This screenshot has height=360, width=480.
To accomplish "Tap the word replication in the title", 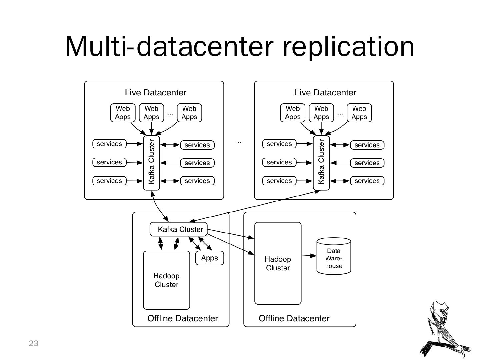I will click(348, 47).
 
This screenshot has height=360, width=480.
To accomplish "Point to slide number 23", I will click(34, 343).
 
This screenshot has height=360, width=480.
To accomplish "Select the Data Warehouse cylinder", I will click(334, 256).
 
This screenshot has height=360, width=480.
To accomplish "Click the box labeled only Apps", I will click(209, 258).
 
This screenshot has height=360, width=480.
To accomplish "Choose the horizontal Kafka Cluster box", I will click(179, 229).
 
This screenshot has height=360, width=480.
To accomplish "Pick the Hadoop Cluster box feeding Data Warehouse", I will click(278, 263).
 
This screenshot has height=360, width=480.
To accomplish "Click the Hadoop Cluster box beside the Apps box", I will click(166, 280).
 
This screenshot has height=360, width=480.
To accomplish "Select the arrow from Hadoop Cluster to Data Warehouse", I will click(309, 256).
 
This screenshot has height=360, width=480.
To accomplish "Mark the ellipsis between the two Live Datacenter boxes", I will click(238, 142).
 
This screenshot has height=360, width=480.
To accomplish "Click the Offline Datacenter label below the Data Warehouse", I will click(294, 318).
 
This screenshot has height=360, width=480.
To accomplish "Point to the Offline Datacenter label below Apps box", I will click(183, 318).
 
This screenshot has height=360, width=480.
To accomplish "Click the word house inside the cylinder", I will click(334, 266).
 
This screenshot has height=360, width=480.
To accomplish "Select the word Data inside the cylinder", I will click(334, 251).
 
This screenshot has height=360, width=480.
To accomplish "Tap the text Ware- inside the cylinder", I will click(334, 258).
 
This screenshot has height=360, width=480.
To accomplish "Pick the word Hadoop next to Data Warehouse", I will click(278, 259).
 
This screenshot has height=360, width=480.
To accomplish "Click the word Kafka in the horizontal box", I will click(167, 229).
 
